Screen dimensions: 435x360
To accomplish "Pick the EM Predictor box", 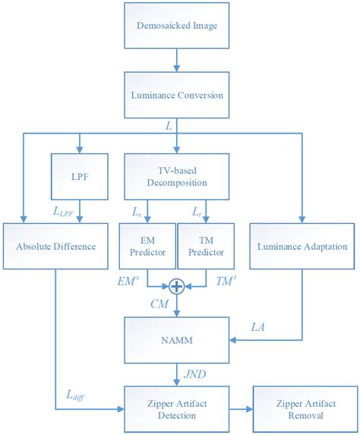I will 146,247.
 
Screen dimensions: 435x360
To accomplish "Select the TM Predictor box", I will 206,247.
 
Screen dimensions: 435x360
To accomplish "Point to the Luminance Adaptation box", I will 302,247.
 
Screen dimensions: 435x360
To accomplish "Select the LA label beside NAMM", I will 258,326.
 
